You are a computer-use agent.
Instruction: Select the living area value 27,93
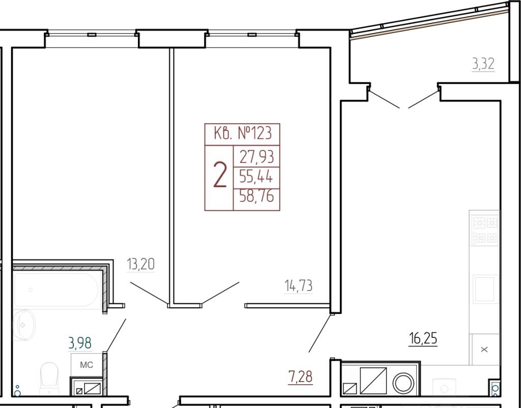(256, 157)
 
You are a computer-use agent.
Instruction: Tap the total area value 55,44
(256, 177)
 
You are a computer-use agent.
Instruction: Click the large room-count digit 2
(220, 176)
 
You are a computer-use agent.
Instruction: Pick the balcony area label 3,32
(483, 64)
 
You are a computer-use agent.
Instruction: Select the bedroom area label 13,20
(140, 265)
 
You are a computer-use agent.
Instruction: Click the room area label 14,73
(298, 286)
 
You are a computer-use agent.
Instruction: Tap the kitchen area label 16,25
(423, 339)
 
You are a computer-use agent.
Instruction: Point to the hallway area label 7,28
(300, 377)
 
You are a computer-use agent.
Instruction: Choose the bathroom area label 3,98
(80, 343)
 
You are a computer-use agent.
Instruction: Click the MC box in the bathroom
(86, 365)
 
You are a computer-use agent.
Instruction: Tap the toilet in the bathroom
(49, 379)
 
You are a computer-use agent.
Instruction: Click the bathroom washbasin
(24, 325)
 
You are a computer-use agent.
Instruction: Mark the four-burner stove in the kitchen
(484, 228)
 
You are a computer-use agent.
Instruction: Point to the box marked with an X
(485, 349)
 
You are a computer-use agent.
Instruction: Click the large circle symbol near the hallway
(403, 383)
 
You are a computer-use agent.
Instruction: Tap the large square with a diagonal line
(373, 381)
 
